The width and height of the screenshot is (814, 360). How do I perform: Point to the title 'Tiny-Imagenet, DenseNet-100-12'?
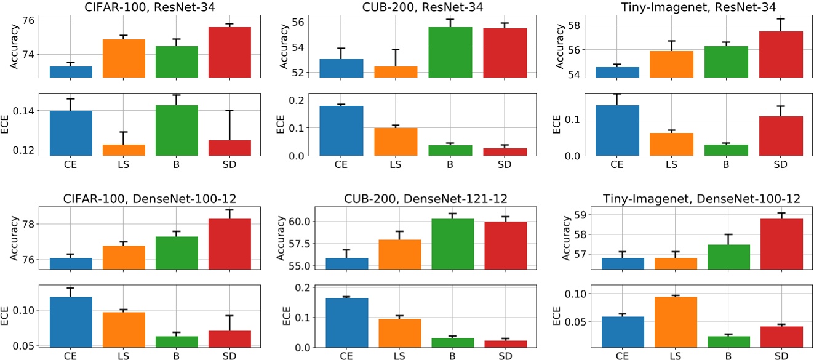click(x=678, y=199)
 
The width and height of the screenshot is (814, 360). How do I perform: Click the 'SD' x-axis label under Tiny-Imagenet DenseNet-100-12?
click(x=781, y=356)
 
